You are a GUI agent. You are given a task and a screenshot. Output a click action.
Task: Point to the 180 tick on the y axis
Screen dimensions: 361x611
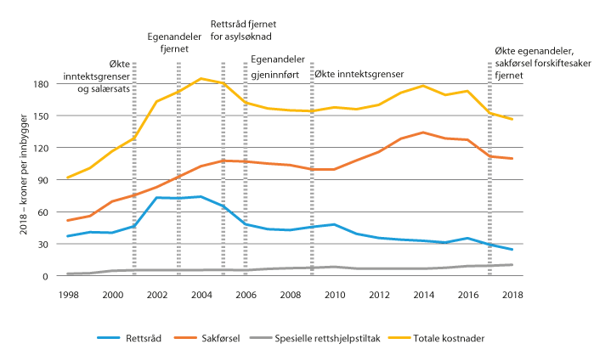(x=39, y=84)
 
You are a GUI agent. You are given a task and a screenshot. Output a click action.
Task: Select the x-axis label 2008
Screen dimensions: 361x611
(x=288, y=294)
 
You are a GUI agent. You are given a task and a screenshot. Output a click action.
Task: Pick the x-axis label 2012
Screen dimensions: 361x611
(x=377, y=294)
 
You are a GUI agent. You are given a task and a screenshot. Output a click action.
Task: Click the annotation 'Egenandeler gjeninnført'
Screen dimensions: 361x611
(x=277, y=67)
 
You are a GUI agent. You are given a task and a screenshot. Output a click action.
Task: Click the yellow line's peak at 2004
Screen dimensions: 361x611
(x=200, y=78)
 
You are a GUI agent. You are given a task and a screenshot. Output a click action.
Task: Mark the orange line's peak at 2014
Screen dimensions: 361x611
(x=421, y=133)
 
